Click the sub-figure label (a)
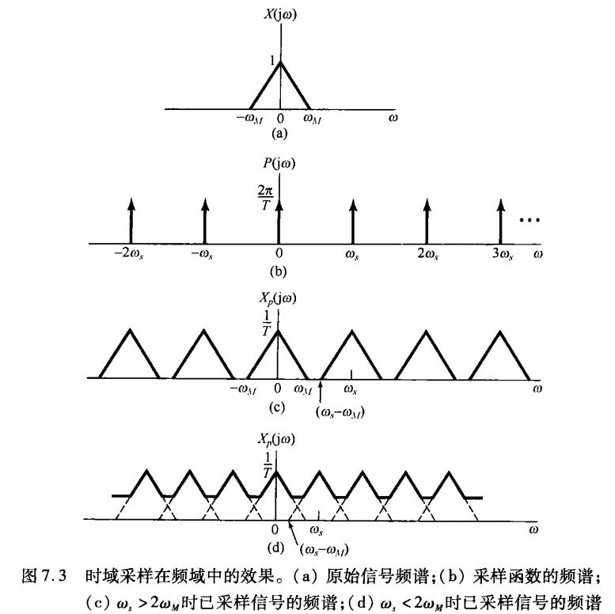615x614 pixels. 279,135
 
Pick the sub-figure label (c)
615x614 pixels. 277,407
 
